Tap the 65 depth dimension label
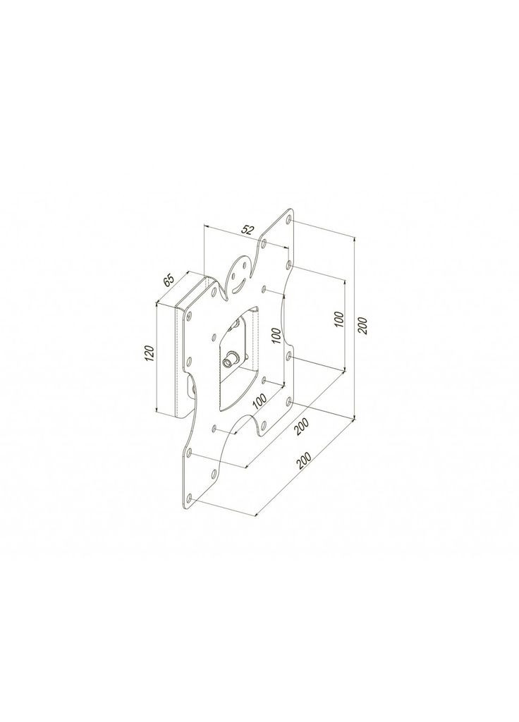169,281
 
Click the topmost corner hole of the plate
289,219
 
